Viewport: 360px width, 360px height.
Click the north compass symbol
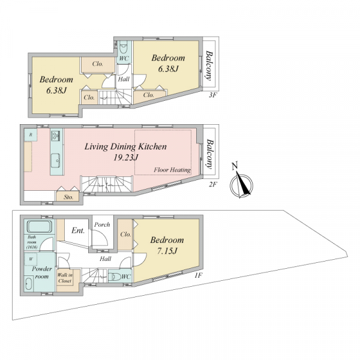[x=241, y=184]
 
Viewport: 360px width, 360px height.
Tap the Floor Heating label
[x=172, y=170]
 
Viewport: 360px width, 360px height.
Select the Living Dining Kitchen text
[x=125, y=146]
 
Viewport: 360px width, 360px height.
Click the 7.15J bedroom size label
[x=167, y=251]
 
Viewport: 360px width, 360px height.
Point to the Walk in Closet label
[x=65, y=278]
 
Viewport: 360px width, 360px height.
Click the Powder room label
[x=42, y=272]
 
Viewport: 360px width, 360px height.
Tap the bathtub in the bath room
[x=40, y=226]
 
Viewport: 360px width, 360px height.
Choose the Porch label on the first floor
[x=102, y=224]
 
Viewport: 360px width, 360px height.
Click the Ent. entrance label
[x=78, y=230]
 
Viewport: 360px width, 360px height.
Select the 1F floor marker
[x=199, y=275]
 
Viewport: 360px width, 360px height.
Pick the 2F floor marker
[x=213, y=184]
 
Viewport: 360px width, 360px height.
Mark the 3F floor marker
[x=213, y=95]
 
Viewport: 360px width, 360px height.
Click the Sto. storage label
[x=68, y=197]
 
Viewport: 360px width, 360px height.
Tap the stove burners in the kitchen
[x=56, y=136]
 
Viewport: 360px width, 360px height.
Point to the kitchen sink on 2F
[x=56, y=160]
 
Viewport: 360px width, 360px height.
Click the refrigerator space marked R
[x=31, y=135]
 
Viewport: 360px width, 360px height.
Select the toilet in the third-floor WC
[x=124, y=48]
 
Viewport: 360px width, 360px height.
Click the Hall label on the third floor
[x=124, y=79]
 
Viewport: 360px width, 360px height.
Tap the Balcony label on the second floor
[x=209, y=154]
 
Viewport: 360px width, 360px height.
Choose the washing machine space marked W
[x=31, y=259]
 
